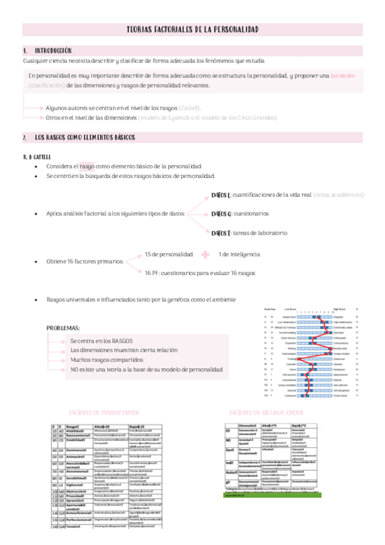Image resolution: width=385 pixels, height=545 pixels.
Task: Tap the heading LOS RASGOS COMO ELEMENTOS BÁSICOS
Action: tap(85, 138)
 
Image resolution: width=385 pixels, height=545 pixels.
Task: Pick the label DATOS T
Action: tap(220, 233)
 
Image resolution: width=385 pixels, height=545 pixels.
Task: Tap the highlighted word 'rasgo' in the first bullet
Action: tap(86, 166)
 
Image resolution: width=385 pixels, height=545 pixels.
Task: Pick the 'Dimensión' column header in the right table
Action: tap(248, 426)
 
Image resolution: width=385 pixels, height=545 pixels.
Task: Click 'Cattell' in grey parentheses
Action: tap(190, 108)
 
